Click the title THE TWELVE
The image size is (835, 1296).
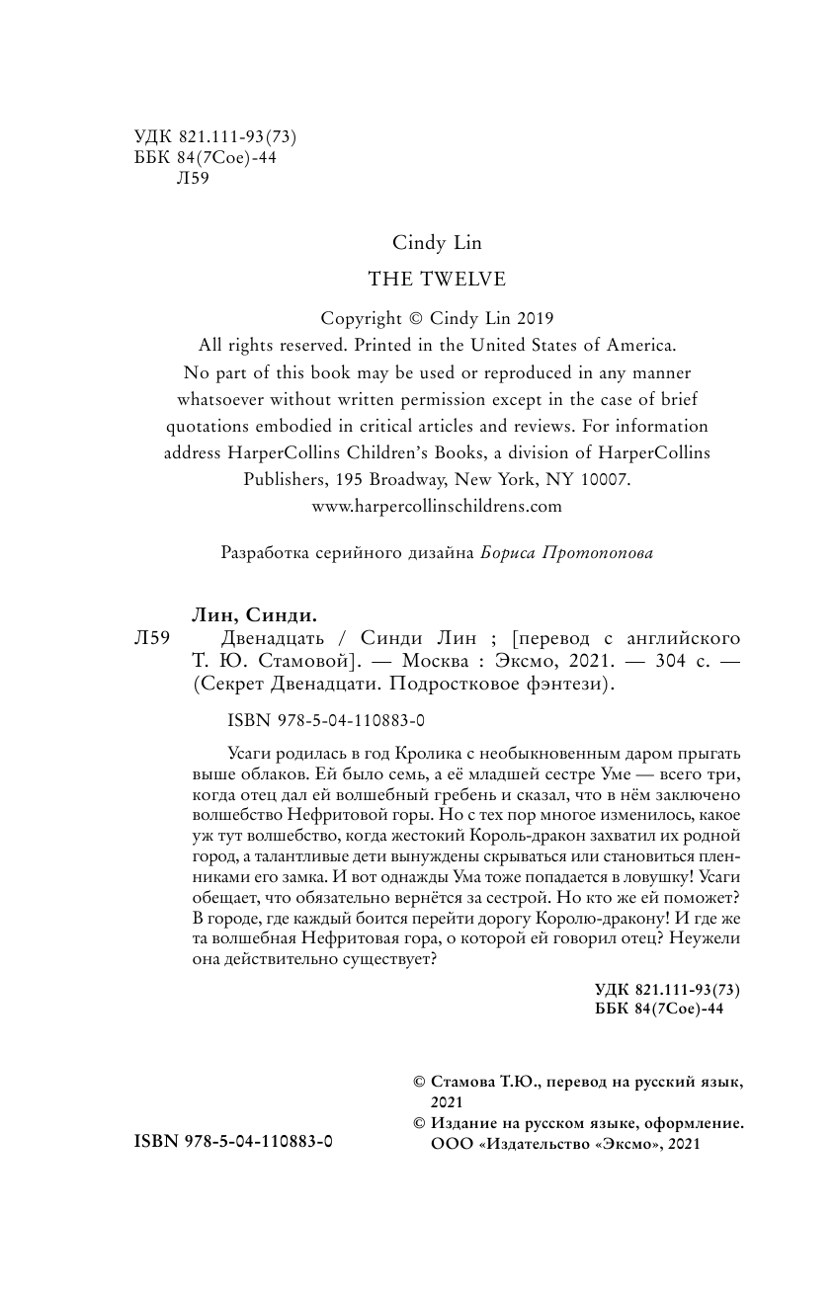[437, 280]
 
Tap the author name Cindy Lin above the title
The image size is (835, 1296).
[437, 243]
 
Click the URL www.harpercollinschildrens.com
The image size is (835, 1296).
[437, 506]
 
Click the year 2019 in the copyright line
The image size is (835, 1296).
[533, 319]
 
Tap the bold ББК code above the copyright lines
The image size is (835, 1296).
[660, 1010]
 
